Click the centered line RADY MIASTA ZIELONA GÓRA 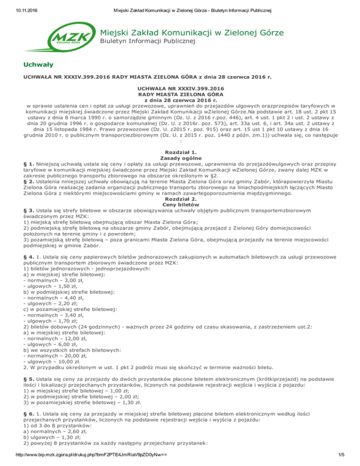(x=180, y=94)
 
